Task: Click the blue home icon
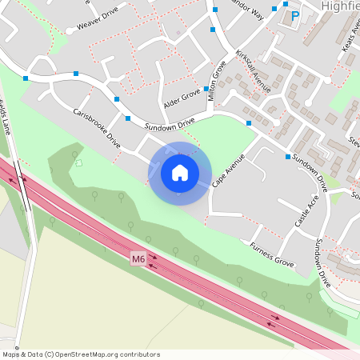(x=180, y=172)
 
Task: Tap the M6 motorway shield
(x=138, y=258)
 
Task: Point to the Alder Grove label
(x=182, y=94)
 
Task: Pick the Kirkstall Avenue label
(x=254, y=71)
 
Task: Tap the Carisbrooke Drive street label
(x=97, y=127)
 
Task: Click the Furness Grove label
(x=271, y=254)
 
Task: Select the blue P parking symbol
(x=294, y=15)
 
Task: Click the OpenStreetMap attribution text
(x=81, y=353)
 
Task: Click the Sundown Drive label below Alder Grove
(x=170, y=125)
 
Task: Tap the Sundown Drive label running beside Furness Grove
(x=322, y=263)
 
